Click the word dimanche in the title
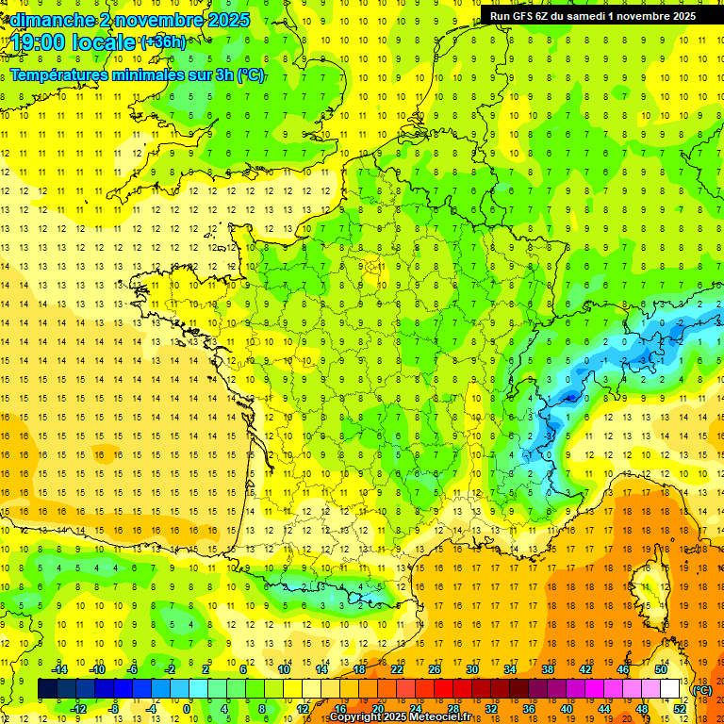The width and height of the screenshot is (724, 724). click(x=47, y=20)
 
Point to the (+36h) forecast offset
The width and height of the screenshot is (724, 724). click(x=163, y=42)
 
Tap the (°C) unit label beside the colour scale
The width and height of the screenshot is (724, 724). click(x=702, y=690)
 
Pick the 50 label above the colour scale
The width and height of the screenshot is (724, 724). click(x=661, y=669)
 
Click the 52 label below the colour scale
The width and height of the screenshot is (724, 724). click(x=679, y=709)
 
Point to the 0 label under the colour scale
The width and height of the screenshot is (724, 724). click(x=187, y=709)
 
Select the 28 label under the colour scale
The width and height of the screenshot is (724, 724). click(x=452, y=709)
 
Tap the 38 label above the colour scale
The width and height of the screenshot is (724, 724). click(x=547, y=669)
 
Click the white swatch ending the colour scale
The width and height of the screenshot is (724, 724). click(x=670, y=689)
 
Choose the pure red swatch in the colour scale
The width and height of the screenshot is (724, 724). click(x=443, y=689)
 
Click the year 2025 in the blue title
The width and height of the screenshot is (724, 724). click(x=228, y=20)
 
